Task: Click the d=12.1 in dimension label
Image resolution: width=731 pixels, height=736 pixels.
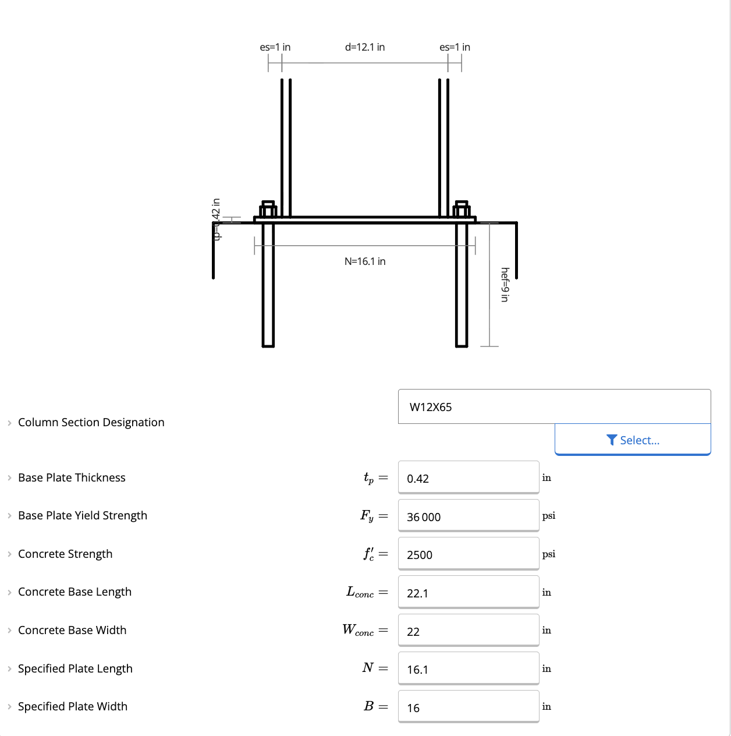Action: [365, 47]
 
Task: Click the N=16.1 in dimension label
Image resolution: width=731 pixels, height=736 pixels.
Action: [365, 261]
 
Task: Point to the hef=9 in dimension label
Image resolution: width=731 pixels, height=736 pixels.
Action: [505, 285]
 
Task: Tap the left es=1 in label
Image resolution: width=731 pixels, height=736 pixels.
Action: [275, 47]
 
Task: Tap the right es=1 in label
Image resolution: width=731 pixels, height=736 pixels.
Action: [455, 47]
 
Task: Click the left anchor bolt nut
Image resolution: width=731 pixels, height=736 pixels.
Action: [268, 210]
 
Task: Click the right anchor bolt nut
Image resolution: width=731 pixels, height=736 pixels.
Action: [462, 210]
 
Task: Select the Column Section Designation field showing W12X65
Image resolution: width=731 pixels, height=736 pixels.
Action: [554, 407]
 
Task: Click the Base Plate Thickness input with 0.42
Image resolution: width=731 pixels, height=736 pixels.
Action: [469, 478]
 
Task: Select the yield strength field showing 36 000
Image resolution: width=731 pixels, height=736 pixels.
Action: [469, 516]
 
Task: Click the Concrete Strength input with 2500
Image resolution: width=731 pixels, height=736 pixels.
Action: [469, 554]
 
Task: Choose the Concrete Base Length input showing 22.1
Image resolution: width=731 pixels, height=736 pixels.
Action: [469, 593]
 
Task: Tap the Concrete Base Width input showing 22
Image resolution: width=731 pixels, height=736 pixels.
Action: [469, 631]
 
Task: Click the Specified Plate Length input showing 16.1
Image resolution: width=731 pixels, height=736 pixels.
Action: [469, 669]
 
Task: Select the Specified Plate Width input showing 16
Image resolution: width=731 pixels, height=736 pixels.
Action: [469, 707]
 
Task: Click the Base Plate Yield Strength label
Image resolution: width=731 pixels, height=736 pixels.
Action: [83, 516]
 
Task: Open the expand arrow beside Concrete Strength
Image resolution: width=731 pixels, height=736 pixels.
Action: [9, 554]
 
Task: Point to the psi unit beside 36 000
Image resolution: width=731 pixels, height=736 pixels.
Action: [548, 516]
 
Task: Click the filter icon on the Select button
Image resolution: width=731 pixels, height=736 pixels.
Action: [611, 440]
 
